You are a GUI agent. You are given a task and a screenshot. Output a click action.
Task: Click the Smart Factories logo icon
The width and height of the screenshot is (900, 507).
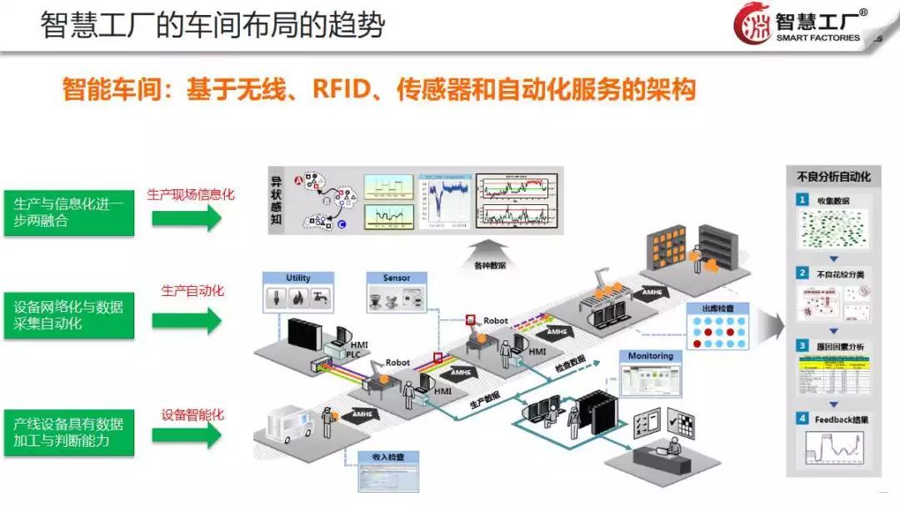pos(752,24)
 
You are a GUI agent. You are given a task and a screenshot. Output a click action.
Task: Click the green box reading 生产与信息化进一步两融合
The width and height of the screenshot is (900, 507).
pos(68,212)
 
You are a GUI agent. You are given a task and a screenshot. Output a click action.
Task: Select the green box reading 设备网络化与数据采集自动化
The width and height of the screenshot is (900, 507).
pos(68,314)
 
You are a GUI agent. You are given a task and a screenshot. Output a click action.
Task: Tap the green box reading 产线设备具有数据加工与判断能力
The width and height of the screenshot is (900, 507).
pos(68,432)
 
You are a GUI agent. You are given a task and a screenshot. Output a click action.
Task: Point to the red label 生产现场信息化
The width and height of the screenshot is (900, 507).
pos(191,194)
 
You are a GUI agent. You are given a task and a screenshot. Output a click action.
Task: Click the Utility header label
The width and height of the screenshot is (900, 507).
pos(297,278)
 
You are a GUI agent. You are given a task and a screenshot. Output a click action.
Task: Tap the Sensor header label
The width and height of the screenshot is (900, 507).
pos(397,278)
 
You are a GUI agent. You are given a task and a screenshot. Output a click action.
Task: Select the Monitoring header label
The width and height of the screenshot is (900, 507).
pos(650,356)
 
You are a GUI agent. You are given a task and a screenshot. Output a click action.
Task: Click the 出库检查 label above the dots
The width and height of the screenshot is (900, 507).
pos(717,309)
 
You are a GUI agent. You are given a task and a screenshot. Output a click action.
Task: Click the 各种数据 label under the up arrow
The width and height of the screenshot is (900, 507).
pos(489,266)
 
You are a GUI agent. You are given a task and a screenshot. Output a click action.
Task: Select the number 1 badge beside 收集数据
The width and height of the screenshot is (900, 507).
pos(802,200)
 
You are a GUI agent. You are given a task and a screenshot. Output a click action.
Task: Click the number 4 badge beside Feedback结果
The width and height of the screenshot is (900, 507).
pos(802,419)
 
